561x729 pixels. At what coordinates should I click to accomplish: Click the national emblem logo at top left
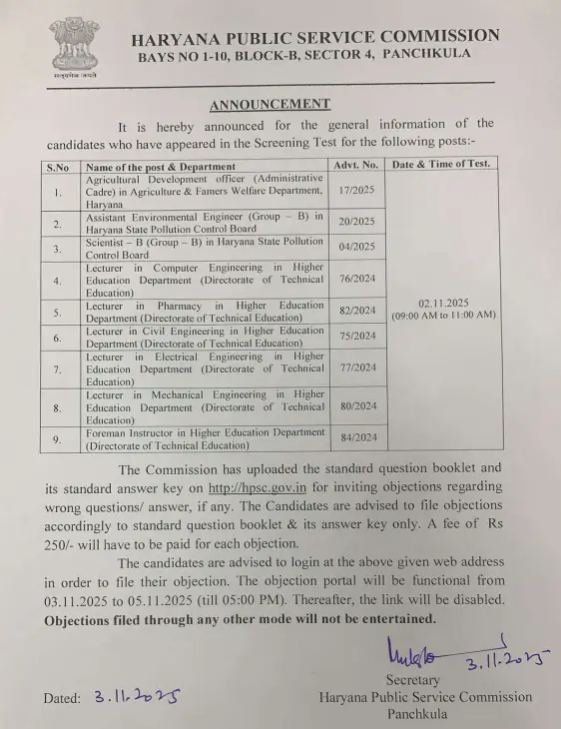tap(76, 46)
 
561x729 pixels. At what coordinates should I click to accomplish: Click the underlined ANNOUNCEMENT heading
tap(270, 104)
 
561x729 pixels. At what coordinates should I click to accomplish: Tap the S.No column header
tap(58, 165)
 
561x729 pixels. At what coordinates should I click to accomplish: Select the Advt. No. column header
tap(355, 164)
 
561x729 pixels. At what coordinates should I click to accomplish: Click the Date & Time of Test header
tap(440, 163)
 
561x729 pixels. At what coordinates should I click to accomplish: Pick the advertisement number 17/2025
tap(355, 190)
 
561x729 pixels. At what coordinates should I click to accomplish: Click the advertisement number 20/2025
tap(355, 222)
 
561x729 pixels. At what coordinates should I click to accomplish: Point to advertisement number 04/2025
tap(355, 247)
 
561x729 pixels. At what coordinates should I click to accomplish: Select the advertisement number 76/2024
tap(355, 281)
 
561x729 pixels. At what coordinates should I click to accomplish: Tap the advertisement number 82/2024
tap(355, 311)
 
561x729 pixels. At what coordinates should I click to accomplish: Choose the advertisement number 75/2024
tap(355, 337)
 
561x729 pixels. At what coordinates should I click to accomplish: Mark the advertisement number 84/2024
tap(355, 437)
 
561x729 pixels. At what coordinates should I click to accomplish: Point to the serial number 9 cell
tap(58, 438)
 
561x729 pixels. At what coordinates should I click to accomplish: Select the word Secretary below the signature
tap(412, 680)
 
